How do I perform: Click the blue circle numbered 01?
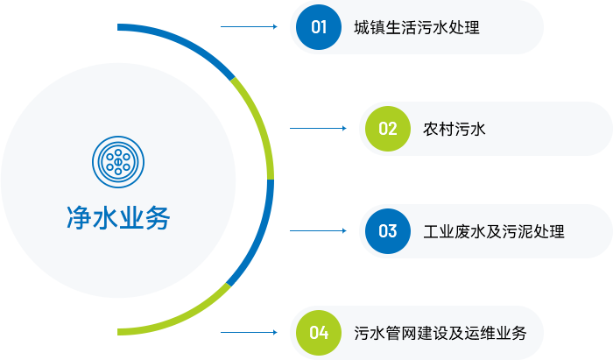pyautogui.click(x=319, y=27)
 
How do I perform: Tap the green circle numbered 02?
pyautogui.click(x=388, y=129)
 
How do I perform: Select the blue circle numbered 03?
pyautogui.click(x=388, y=231)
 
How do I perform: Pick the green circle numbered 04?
pyautogui.click(x=319, y=333)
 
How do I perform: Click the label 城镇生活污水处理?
pyautogui.click(x=417, y=27)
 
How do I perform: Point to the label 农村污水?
pyautogui.click(x=454, y=129)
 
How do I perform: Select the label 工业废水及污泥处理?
pyautogui.click(x=494, y=231)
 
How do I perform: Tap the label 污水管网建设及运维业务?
pyautogui.click(x=440, y=333)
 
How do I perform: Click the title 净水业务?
pyautogui.click(x=118, y=218)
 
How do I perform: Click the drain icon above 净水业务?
pyautogui.click(x=118, y=162)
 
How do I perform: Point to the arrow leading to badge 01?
pyautogui.click(x=249, y=26)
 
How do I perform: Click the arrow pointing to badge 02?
pyautogui.click(x=318, y=128)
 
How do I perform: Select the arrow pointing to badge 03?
pyautogui.click(x=318, y=230)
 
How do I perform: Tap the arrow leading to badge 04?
pyautogui.click(x=249, y=332)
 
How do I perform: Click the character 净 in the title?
pyautogui.click(x=80, y=218)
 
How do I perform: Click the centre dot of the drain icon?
pyautogui.click(x=118, y=162)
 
